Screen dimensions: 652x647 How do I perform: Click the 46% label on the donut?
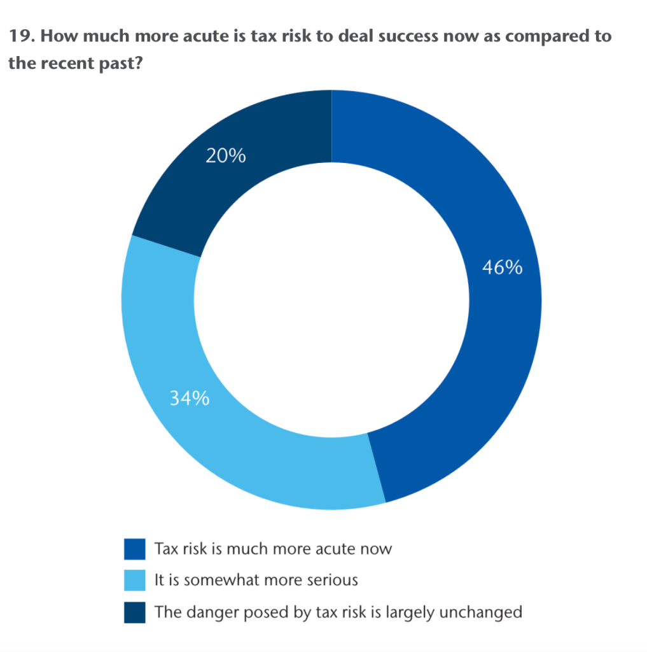502,267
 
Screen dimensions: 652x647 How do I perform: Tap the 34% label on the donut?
189,399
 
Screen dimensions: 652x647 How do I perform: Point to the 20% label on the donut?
225,155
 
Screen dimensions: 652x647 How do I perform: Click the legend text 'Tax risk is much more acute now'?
273,548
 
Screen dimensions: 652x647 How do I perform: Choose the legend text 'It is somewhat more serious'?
256,580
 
